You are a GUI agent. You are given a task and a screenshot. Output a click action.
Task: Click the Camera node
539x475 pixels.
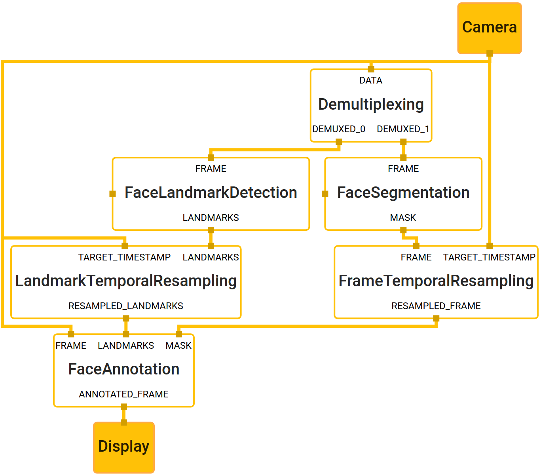[489, 28]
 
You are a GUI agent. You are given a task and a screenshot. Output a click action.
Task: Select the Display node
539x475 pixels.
[123, 447]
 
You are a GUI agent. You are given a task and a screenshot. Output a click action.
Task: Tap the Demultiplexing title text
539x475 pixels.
[371, 104]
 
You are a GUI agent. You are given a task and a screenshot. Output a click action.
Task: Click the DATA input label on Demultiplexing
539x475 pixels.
[371, 80]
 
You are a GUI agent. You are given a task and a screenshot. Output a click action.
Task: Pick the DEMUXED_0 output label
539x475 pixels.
[338, 129]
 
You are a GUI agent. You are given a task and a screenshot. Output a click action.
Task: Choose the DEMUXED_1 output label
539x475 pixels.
[403, 129]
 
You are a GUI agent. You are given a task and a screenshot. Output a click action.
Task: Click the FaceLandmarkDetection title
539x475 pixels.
[211, 193]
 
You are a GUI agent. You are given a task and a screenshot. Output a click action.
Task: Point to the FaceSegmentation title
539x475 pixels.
[403, 193]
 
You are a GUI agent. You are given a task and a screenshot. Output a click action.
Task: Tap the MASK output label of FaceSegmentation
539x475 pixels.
[403, 218]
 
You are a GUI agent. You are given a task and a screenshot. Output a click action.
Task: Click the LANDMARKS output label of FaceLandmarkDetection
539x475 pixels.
[211, 218]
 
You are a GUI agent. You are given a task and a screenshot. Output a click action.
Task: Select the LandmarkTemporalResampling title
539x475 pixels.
[126, 281]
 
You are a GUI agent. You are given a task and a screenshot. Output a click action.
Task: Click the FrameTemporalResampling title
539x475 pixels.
[436, 281]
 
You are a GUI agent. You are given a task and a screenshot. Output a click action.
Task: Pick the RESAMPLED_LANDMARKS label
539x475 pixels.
[126, 306]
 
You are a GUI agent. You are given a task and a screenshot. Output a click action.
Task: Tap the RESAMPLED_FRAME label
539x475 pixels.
[436, 306]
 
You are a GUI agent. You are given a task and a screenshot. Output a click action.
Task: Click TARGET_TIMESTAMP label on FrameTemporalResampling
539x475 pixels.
[489, 257]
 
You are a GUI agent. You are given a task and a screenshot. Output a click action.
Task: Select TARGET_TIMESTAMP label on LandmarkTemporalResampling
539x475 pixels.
[124, 257]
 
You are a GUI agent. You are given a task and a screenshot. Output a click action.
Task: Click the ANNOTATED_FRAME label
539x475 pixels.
[123, 394]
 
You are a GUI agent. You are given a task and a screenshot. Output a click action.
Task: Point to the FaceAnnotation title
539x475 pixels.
[123, 369]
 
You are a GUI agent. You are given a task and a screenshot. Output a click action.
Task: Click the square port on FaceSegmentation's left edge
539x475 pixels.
[325, 194]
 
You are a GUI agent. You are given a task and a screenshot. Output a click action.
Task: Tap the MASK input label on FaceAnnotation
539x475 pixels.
[178, 346]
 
